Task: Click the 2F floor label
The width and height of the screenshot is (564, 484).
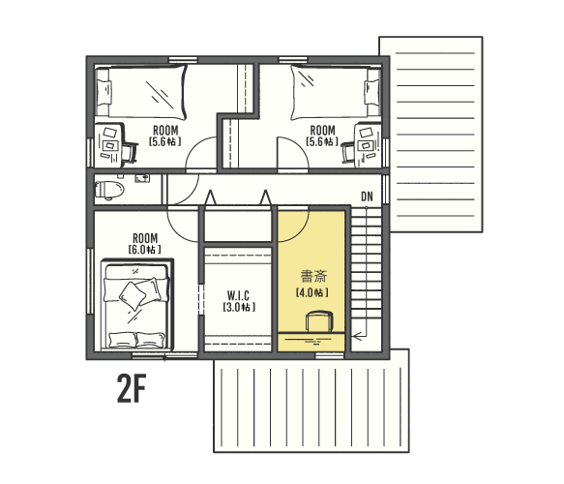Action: tap(132, 388)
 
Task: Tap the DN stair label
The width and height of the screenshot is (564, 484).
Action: tap(367, 197)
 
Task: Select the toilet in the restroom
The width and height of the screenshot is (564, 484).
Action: tap(109, 190)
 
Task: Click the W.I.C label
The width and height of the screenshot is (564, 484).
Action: tap(238, 296)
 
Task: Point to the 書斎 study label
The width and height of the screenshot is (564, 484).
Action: tap(313, 277)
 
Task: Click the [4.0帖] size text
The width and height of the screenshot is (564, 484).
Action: tap(312, 292)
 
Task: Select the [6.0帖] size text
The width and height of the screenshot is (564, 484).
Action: tap(144, 250)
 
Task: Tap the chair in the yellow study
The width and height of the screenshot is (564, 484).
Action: tap(319, 321)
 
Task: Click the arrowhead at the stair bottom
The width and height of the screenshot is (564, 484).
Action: tap(357, 337)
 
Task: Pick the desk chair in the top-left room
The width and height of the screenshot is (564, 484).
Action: tap(130, 153)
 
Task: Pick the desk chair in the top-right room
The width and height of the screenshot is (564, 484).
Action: tap(348, 152)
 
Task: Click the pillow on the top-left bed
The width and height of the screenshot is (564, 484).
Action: tap(104, 93)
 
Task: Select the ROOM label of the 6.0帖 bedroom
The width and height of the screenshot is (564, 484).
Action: tap(145, 238)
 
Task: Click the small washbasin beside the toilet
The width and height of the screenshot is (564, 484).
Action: tap(143, 178)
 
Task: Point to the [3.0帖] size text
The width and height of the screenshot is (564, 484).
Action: tap(239, 307)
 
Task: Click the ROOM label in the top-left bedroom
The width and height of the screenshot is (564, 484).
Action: tap(165, 131)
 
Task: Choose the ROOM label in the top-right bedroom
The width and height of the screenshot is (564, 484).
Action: tap(323, 131)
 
